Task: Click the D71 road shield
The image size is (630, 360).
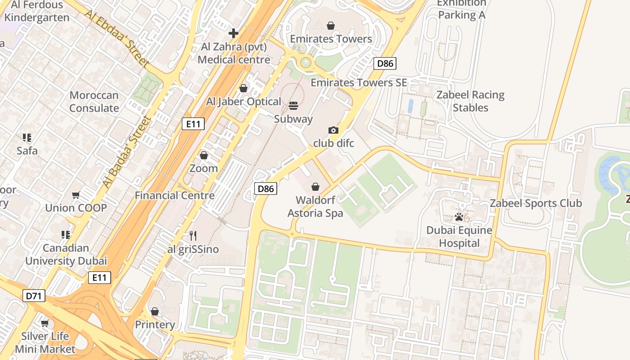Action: click(34, 296)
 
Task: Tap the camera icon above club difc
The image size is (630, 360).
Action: click(333, 130)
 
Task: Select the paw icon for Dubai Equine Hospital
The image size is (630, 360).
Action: click(459, 217)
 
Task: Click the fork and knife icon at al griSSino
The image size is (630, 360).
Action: click(193, 235)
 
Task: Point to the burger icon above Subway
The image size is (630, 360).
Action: click(293, 106)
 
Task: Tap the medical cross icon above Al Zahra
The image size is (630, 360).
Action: click(234, 33)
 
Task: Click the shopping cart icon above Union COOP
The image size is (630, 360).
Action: click(76, 195)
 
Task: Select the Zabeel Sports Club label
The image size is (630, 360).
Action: click(535, 203)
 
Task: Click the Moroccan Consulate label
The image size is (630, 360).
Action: click(94, 102)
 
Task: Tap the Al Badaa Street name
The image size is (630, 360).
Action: click(126, 152)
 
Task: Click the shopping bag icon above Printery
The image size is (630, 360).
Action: click(155, 311)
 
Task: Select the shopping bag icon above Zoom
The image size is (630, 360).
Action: click(204, 155)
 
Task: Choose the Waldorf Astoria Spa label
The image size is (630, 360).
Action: click(315, 206)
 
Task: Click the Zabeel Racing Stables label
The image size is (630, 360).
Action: click(470, 101)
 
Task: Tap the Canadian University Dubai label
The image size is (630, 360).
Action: click(66, 254)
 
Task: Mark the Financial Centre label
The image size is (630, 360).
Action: click(175, 195)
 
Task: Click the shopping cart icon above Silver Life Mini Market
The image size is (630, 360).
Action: click(45, 323)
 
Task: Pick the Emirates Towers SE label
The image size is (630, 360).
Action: click(359, 82)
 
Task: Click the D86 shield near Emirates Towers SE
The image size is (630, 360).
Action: click(385, 63)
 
